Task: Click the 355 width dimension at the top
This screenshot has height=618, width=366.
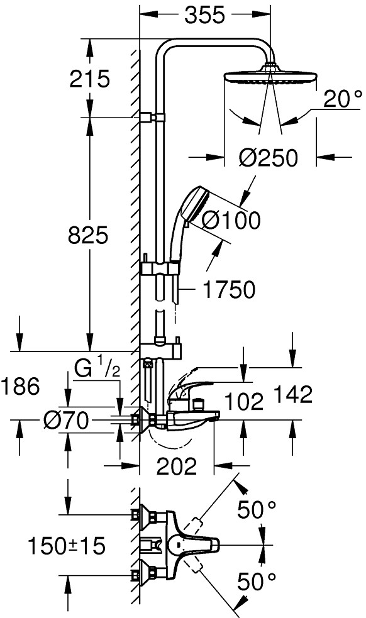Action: [204, 15]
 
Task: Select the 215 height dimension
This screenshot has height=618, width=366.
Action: [89, 79]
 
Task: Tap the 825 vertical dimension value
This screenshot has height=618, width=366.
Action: [88, 235]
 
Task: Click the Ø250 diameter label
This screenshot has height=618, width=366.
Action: [268, 158]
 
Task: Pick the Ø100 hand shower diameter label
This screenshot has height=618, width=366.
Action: [231, 219]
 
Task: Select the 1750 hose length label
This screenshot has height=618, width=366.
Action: [229, 290]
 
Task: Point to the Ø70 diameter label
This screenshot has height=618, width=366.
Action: [66, 421]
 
